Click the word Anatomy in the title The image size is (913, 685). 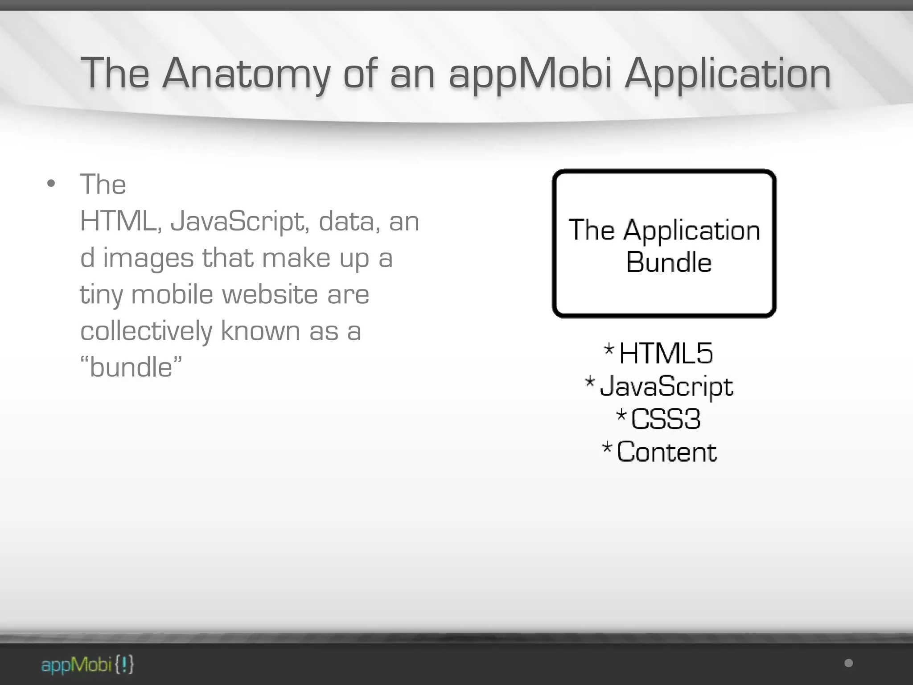tap(246, 74)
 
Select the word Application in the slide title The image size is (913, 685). tap(728, 74)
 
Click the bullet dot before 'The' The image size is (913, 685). tap(51, 183)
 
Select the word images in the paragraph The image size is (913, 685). tap(148, 259)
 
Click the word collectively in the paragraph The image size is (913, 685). tap(146, 331)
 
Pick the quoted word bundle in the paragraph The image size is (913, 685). tap(131, 367)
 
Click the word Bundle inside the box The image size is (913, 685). tap(668, 262)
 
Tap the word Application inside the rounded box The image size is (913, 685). tap(691, 231)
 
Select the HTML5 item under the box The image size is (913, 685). tap(666, 353)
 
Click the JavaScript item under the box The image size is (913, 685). tap(666, 386)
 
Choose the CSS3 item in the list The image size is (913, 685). tap(666, 419)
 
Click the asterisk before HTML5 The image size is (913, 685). tap(609, 349)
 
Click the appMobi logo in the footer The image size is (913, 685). tap(87, 665)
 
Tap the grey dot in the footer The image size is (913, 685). tap(849, 663)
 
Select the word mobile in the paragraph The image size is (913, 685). tap(172, 294)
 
